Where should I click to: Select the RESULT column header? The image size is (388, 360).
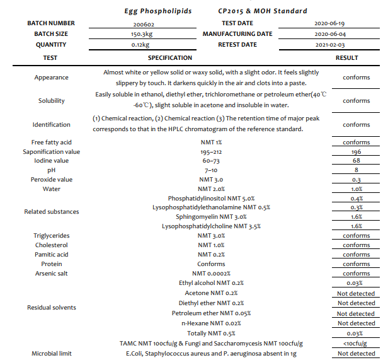click(x=346, y=57)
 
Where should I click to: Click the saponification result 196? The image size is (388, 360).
click(x=356, y=151)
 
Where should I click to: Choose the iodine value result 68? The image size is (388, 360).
click(x=356, y=161)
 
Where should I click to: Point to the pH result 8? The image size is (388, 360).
click(x=356, y=170)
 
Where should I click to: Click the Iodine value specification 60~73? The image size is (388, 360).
click(x=211, y=161)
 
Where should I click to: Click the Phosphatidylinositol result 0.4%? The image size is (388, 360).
click(x=356, y=199)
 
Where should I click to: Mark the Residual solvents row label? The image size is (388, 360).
click(x=52, y=308)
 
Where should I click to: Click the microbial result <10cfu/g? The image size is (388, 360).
click(x=356, y=344)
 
